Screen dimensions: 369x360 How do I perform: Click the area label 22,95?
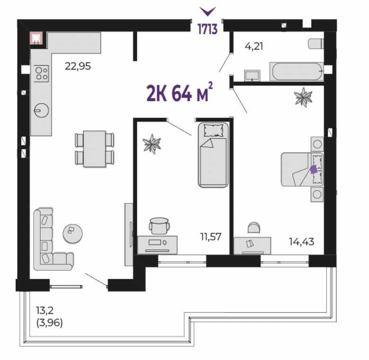tap(78, 66)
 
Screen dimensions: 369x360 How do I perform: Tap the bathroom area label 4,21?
tap(254, 46)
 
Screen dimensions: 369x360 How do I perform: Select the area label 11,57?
tap(211, 237)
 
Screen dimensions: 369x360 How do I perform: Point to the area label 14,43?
tap(301, 241)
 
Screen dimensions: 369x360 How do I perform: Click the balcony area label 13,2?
tap(45, 310)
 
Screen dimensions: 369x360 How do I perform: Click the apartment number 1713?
tap(207, 29)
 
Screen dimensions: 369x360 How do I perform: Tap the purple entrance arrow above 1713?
tap(208, 11)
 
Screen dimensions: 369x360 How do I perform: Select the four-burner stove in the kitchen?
tap(42, 74)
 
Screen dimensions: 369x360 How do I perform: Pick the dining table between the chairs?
tap(95, 149)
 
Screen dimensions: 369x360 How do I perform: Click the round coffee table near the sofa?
tap(73, 233)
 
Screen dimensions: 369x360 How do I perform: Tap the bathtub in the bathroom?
tap(297, 71)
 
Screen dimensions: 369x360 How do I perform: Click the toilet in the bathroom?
tap(316, 44)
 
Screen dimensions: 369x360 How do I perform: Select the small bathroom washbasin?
tap(252, 76)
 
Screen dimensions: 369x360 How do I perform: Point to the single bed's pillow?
tap(213, 130)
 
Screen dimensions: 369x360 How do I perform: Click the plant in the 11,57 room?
tap(152, 144)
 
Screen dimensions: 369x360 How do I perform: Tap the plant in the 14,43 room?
tap(303, 97)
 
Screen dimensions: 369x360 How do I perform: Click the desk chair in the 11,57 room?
tap(159, 226)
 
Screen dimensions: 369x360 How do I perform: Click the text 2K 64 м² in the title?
tap(180, 92)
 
